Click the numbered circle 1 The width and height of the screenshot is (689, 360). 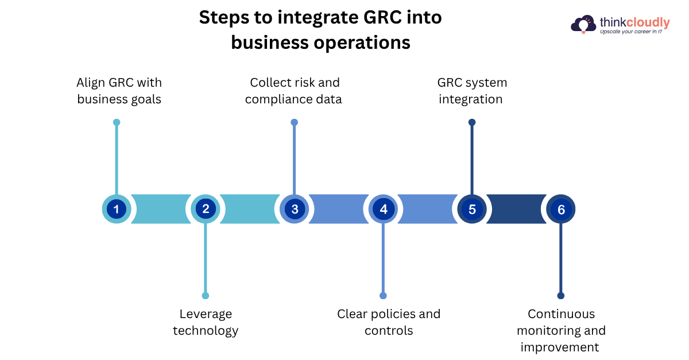point(117,209)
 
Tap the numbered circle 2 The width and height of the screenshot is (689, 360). point(206,209)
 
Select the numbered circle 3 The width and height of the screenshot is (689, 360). point(295,209)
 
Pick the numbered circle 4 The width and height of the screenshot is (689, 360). point(384,209)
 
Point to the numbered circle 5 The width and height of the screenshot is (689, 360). point(472,209)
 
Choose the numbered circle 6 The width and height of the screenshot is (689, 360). point(561,209)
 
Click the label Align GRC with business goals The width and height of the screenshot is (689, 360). point(119,91)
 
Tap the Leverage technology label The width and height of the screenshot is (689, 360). point(206,322)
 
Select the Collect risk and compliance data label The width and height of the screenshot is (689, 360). point(294,91)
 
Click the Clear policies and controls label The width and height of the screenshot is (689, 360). point(389,322)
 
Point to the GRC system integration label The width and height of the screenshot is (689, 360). point(471,91)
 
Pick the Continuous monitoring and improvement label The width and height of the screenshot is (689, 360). point(561,330)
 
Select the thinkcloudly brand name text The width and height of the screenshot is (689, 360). point(634,22)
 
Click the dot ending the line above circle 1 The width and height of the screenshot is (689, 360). point(117,122)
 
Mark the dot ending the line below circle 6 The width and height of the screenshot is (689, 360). point(561,296)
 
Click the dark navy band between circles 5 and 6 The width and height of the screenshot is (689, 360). point(517,209)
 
